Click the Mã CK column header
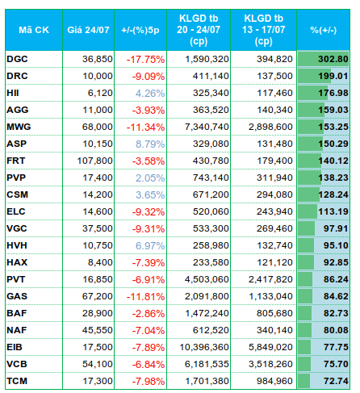tap(34, 30)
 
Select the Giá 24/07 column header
tap(88, 30)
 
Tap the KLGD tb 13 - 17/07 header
tap(263, 30)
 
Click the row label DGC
tap(17, 59)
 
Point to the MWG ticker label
tap(19, 127)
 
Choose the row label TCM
tap(17, 381)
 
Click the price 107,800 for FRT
tap(94, 161)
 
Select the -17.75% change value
tap(145, 60)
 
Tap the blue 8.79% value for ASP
tap(150, 144)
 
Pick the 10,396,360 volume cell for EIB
tap(204, 347)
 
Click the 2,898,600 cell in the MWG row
tap(270, 127)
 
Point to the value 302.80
tap(333, 59)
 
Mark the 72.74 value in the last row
tap(336, 381)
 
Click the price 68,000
tap(98, 127)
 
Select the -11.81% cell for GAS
tap(145, 297)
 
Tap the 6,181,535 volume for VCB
tap(207, 364)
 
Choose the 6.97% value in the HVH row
tap(150, 246)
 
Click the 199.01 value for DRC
tap(333, 76)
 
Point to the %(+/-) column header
tap(324, 30)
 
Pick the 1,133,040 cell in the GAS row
tap(270, 296)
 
